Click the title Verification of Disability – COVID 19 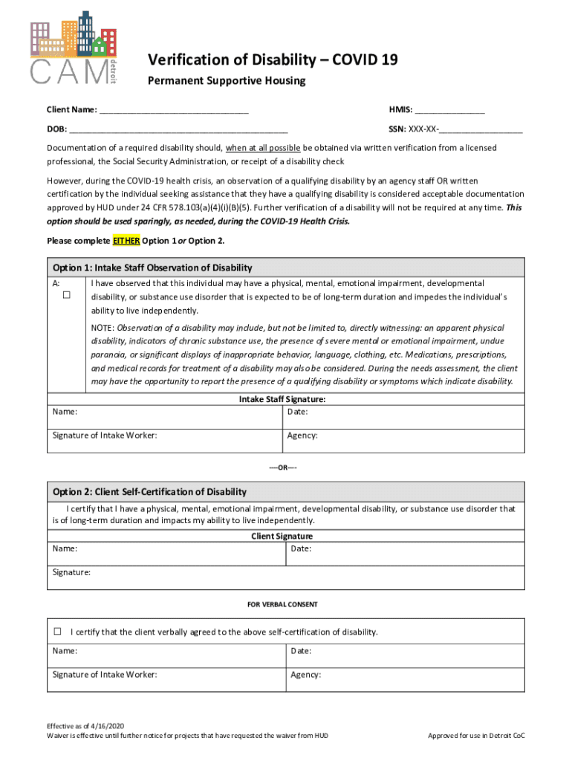coord(272,59)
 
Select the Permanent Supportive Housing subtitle coord(226,81)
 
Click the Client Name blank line coord(174,111)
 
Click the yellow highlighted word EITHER coord(126,241)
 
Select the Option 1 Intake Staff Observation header coord(152,268)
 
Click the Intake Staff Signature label coord(282,399)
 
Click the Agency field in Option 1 coord(401,435)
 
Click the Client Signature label coord(282,536)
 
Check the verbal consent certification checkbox coord(57,632)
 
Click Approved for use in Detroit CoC coord(476,736)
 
